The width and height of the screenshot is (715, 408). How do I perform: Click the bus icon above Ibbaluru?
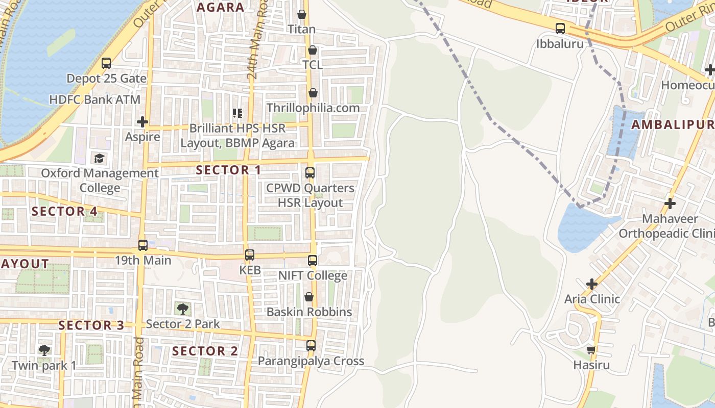[560, 29]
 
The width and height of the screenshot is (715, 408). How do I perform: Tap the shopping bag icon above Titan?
[302, 14]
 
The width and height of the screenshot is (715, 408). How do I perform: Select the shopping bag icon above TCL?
[313, 50]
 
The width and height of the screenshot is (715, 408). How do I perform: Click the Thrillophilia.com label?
[313, 108]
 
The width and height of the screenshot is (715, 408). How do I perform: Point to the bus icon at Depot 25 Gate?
[106, 63]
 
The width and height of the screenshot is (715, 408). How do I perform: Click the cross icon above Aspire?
[142, 122]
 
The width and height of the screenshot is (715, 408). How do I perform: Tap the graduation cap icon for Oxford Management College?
[99, 158]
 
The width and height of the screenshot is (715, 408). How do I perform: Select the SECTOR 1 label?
[228, 170]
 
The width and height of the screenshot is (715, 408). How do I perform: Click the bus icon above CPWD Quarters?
[310, 173]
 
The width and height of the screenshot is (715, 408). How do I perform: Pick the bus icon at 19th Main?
[143, 245]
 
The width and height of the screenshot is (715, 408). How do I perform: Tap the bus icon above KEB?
[250, 255]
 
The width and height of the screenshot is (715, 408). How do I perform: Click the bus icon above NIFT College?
[313, 261]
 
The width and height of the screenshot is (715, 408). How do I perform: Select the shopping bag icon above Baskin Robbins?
[309, 297]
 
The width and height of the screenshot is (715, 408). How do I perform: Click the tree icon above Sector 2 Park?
[183, 309]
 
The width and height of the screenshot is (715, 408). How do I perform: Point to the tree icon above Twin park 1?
[44, 350]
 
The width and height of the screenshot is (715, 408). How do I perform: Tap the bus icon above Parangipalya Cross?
[311, 346]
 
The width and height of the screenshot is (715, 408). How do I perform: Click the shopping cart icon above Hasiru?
[591, 350]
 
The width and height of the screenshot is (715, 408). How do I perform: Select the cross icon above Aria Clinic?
[592, 284]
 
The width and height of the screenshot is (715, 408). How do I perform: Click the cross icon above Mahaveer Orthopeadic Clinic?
[670, 204]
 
